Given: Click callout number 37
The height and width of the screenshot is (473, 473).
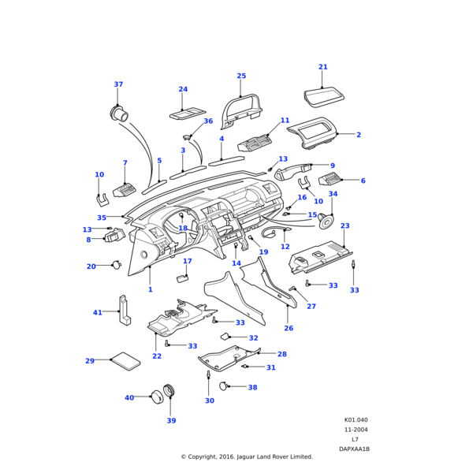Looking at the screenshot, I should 118,84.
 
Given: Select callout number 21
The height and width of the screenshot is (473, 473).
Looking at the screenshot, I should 322,67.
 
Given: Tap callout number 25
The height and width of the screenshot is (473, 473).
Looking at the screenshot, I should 241,76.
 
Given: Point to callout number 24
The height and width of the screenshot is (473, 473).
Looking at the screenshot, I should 183,89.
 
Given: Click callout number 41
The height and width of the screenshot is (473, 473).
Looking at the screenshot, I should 98,313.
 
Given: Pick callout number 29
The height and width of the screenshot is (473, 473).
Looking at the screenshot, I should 90,361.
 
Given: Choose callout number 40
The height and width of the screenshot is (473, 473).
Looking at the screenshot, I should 129,398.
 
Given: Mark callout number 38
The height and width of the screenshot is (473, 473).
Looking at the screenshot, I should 252,388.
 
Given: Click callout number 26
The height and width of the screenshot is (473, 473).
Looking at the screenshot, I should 289,328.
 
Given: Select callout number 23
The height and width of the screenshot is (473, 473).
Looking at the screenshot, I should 345,226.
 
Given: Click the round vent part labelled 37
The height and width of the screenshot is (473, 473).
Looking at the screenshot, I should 120,114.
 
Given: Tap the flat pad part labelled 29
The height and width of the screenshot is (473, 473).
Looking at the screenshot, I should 125,361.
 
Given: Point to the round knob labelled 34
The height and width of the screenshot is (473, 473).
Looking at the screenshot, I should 326,221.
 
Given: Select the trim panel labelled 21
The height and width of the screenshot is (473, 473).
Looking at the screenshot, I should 324,99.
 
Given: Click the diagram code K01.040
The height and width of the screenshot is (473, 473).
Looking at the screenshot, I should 356,420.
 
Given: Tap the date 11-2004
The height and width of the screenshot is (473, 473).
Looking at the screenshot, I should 356,430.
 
